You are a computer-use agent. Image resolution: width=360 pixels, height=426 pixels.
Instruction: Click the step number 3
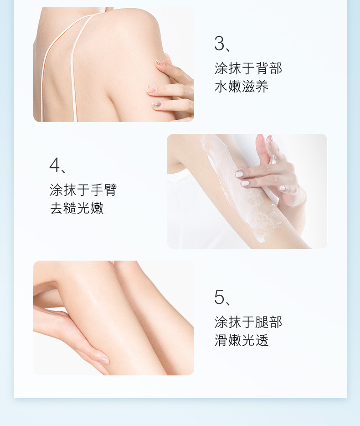click(219, 43)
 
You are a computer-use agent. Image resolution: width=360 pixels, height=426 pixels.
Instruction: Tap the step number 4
click(54, 164)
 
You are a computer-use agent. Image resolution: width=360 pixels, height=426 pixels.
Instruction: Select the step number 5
click(219, 297)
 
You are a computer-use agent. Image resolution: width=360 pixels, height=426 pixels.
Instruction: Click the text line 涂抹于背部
click(248, 68)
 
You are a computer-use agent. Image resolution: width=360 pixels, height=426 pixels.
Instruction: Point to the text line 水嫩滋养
click(242, 87)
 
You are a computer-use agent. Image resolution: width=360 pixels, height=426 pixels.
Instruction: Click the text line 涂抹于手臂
click(83, 190)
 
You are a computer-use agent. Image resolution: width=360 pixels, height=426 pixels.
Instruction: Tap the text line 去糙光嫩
click(77, 208)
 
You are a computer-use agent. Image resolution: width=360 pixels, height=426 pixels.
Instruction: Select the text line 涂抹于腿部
click(248, 322)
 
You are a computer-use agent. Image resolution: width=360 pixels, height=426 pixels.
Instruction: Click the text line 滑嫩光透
click(242, 340)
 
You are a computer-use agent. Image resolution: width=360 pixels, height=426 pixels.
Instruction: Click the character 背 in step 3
click(262, 68)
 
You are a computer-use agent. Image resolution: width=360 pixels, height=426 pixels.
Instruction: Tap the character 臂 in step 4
click(111, 190)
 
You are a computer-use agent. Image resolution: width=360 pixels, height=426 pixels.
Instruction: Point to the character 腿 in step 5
click(262, 322)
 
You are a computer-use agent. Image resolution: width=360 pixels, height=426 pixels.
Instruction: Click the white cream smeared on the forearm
click(239, 190)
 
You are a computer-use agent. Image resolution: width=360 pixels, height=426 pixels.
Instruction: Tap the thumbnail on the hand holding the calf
click(105, 361)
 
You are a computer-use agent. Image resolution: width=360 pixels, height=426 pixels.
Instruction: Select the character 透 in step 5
click(262, 340)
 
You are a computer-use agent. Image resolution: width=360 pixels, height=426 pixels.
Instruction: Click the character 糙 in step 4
click(70, 208)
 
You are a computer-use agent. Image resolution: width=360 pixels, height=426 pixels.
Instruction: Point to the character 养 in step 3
click(262, 87)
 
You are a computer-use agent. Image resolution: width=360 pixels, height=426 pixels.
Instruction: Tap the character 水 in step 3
click(221, 87)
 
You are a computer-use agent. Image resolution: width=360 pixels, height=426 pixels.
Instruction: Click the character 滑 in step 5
click(221, 340)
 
